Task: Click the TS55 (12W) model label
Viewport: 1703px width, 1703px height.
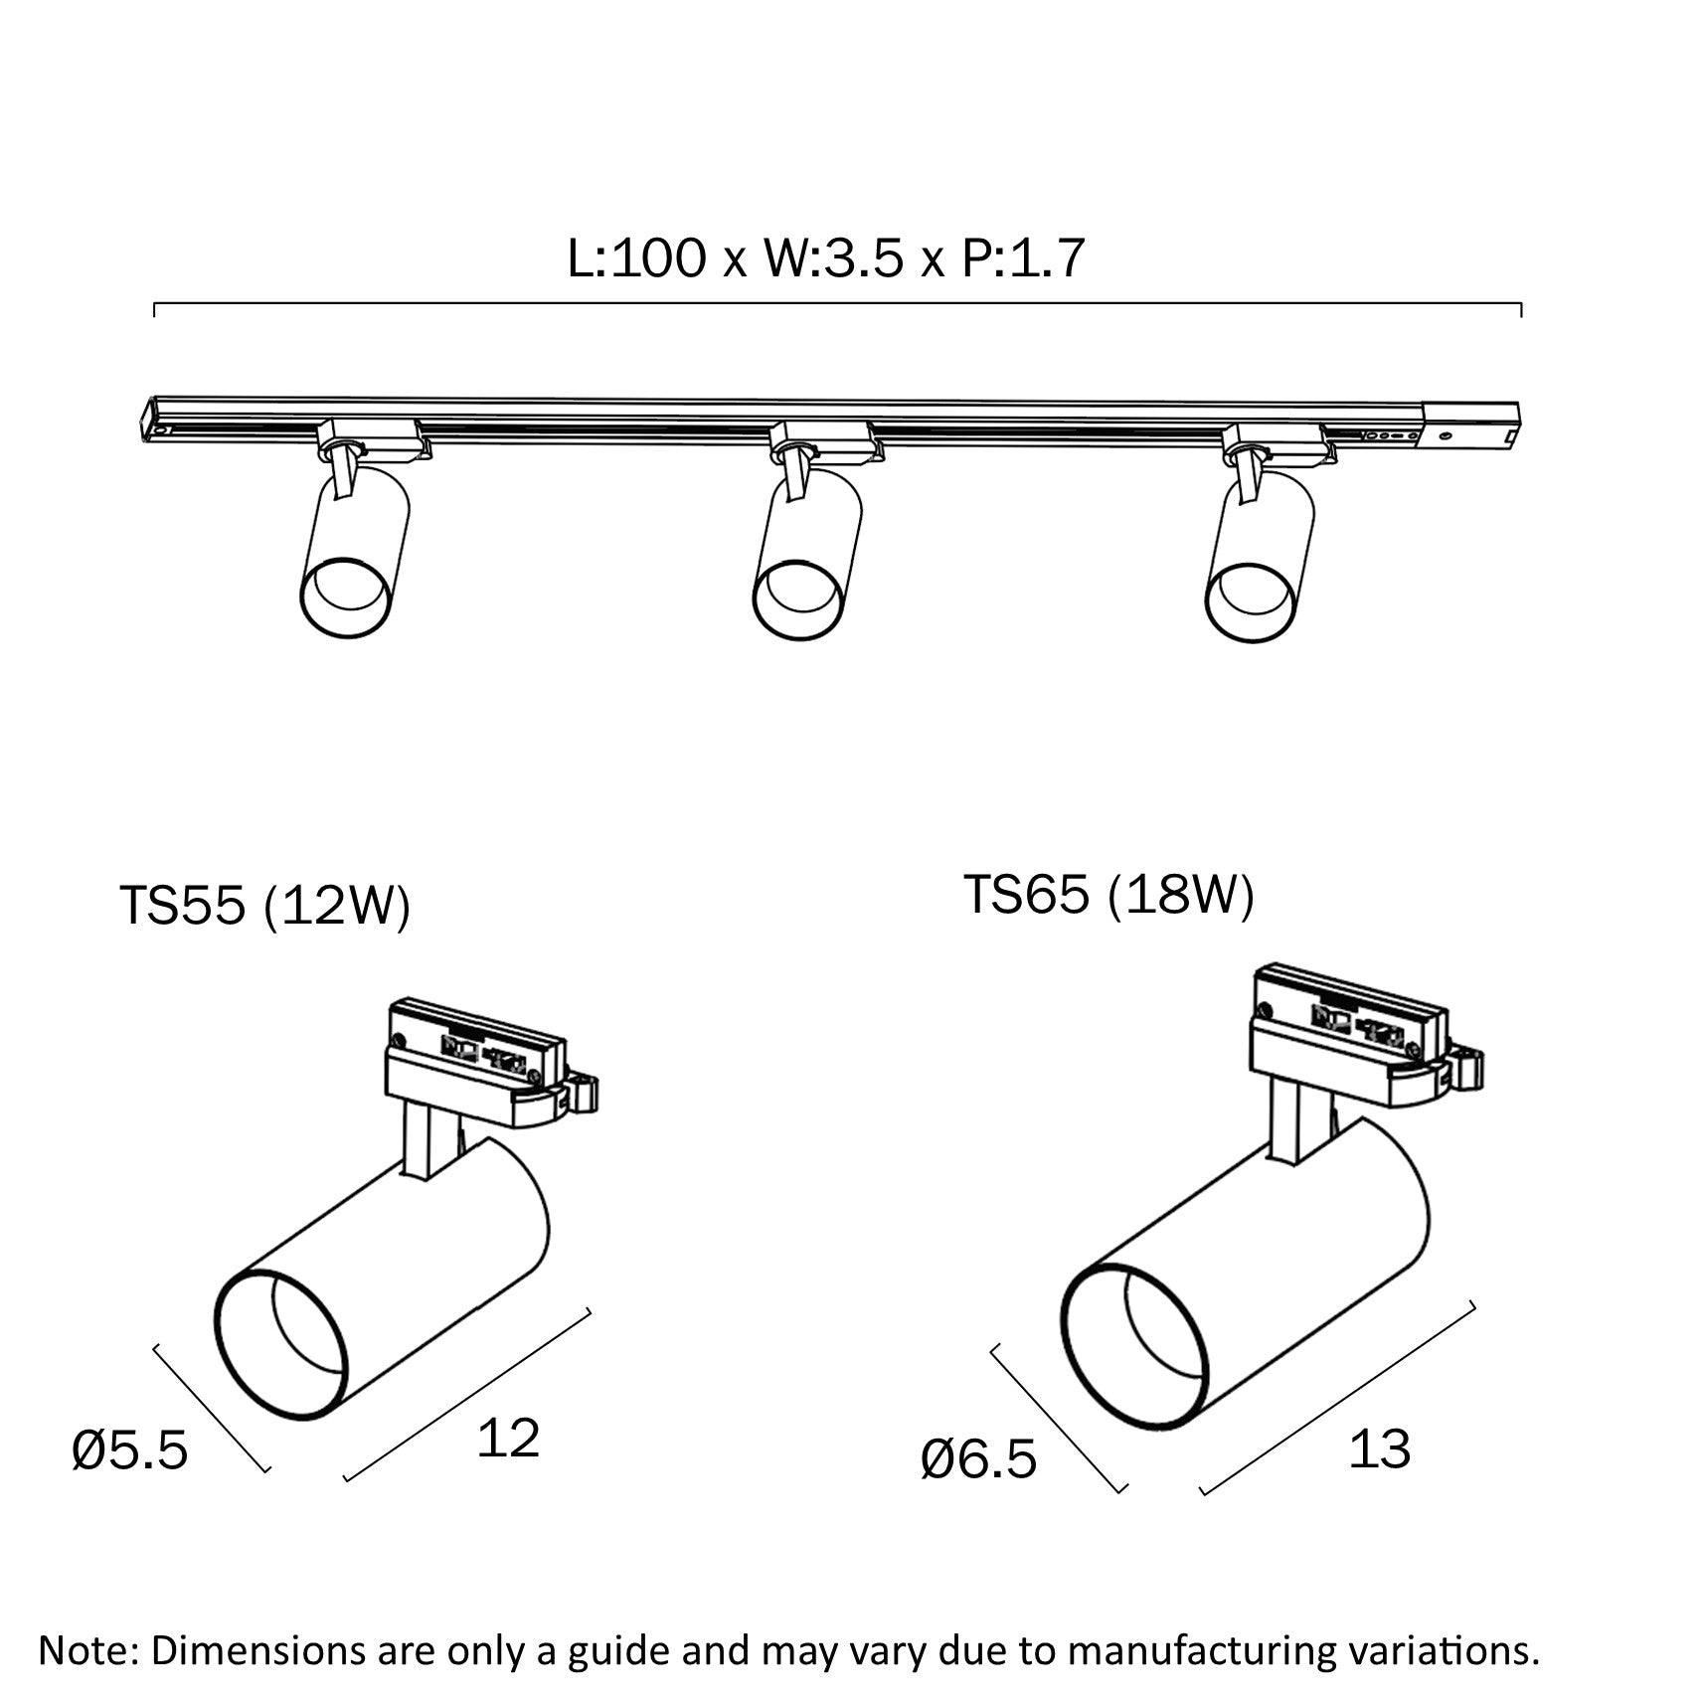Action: click(264, 906)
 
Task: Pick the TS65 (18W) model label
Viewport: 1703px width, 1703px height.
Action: click(1108, 895)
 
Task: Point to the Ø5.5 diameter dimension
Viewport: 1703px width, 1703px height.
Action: click(130, 1451)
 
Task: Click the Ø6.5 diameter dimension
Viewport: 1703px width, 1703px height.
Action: click(978, 1459)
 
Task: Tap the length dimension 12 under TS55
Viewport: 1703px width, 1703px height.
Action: click(508, 1438)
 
